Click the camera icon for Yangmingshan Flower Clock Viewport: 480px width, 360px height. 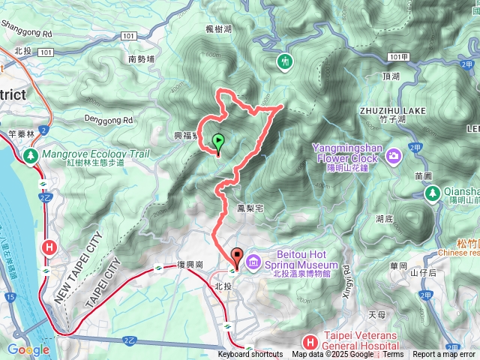tap(394, 156)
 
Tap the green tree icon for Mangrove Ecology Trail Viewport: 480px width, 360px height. tap(31, 156)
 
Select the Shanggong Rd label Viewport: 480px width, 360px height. tap(26, 34)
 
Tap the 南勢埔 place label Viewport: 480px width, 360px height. tap(141, 59)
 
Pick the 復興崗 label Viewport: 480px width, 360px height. tap(190, 265)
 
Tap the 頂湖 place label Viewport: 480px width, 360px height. tap(391, 76)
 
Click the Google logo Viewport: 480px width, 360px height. tap(28, 349)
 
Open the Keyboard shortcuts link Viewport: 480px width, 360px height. tap(250, 355)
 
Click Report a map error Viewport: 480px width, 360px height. tap(443, 355)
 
